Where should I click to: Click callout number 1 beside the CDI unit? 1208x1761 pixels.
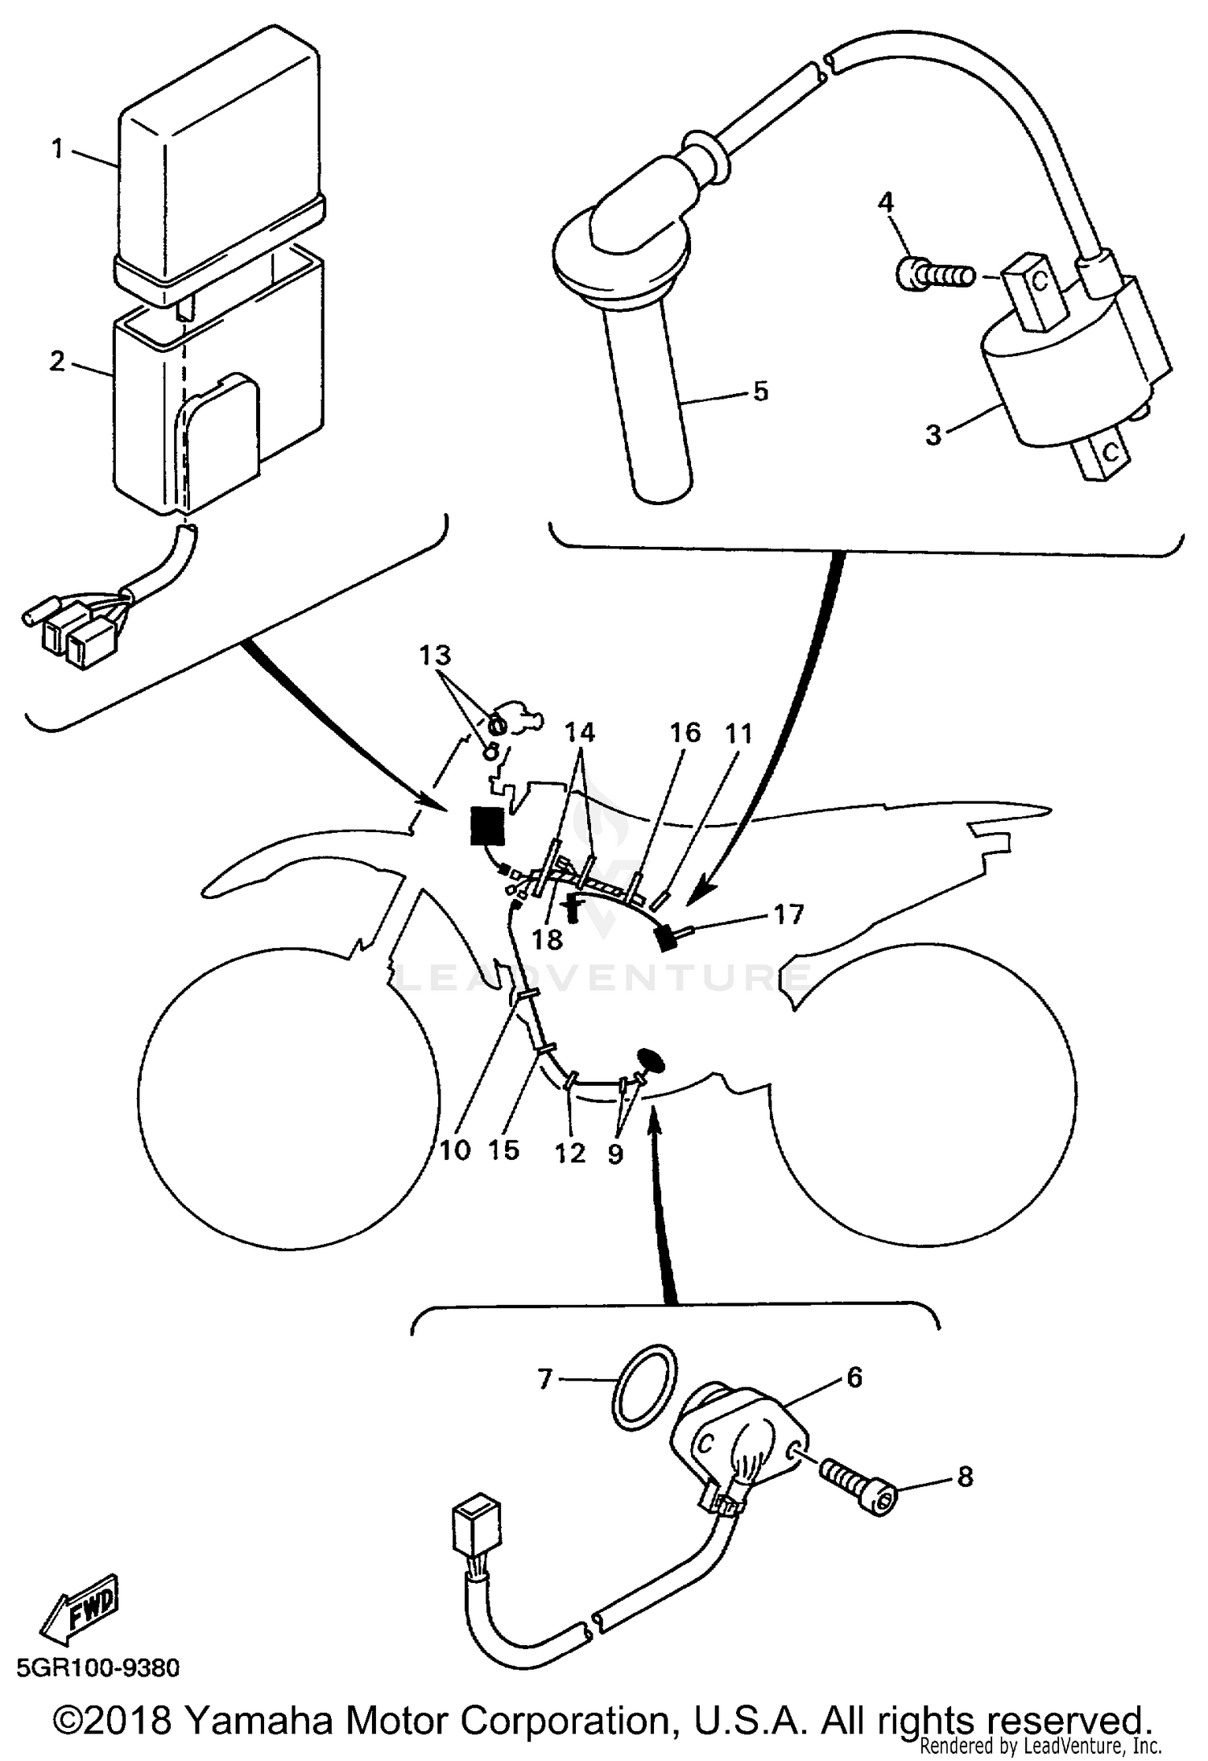[x=57, y=149]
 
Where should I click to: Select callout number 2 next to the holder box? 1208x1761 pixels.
[x=56, y=361]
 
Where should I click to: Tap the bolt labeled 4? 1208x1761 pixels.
[x=934, y=277]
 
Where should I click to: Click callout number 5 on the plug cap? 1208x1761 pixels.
[x=760, y=392]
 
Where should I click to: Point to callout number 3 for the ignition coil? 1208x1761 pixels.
[x=933, y=435]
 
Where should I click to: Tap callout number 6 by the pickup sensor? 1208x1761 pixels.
[x=854, y=1377]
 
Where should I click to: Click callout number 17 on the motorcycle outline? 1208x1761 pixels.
[x=788, y=914]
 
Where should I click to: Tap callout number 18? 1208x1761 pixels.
[x=548, y=939]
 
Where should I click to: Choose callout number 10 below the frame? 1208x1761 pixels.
[x=454, y=1150]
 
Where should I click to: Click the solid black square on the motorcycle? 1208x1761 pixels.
[x=487, y=826]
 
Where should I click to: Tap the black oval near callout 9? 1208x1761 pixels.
[x=652, y=1059]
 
